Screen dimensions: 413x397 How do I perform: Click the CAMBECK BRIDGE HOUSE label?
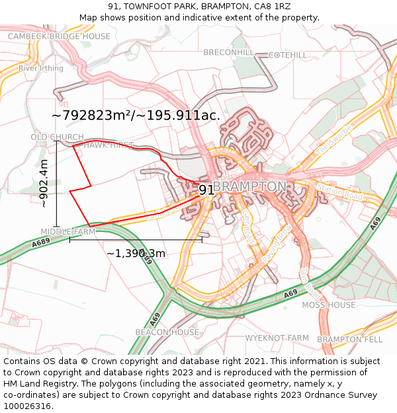pos(59,36)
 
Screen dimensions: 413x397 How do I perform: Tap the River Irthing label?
pos(41,68)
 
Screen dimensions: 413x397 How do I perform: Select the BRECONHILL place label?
pos(228,52)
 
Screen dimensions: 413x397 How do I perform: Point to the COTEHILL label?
pos(288,55)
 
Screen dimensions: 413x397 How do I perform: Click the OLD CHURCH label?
pos(57,137)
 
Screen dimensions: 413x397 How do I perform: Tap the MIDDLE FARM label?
pos(68,232)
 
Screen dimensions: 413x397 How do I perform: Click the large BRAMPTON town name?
pos(249,187)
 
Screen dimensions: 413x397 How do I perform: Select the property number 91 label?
pos(206,190)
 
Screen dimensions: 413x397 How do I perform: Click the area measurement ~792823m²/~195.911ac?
pos(136,115)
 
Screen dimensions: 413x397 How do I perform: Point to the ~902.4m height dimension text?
pos(44,184)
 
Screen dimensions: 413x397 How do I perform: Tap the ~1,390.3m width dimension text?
pos(136,253)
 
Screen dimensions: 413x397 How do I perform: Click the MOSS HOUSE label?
pos(328,305)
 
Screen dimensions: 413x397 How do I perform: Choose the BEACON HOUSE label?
pos(167,332)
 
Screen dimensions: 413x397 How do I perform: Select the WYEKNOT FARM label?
pos(277,338)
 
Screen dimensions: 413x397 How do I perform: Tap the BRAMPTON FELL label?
pos(349,339)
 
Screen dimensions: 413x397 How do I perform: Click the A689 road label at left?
pos(41,243)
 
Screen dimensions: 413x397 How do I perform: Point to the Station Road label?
pos(340,193)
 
